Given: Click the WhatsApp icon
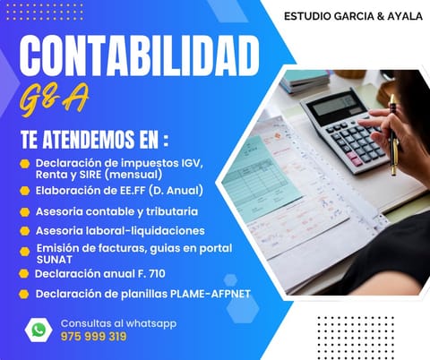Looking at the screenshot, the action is pyautogui.click(x=39, y=330).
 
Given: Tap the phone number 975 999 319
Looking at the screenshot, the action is pyautogui.click(x=93, y=337).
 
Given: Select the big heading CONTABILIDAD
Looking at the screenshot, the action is pyautogui.click(x=139, y=56).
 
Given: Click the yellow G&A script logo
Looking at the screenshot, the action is pyautogui.click(x=54, y=99).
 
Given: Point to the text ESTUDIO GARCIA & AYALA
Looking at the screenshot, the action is pyautogui.click(x=353, y=16).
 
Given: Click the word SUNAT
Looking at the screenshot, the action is pyautogui.click(x=55, y=260).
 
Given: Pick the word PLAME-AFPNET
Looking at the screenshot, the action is pyautogui.click(x=211, y=294).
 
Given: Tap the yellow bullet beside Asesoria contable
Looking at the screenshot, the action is pyautogui.click(x=24, y=212).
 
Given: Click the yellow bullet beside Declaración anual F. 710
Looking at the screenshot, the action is pyautogui.click(x=23, y=274).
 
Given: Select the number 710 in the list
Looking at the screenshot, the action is pyautogui.click(x=157, y=274).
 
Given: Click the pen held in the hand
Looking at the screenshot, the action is pyautogui.click(x=394, y=134).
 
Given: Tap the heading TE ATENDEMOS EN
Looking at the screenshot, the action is pyautogui.click(x=95, y=140).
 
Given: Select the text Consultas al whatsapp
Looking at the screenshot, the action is pyautogui.click(x=118, y=323).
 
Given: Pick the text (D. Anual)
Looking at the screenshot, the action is pyautogui.click(x=176, y=191).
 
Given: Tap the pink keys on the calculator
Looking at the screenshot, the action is pyautogui.click(x=354, y=159).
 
